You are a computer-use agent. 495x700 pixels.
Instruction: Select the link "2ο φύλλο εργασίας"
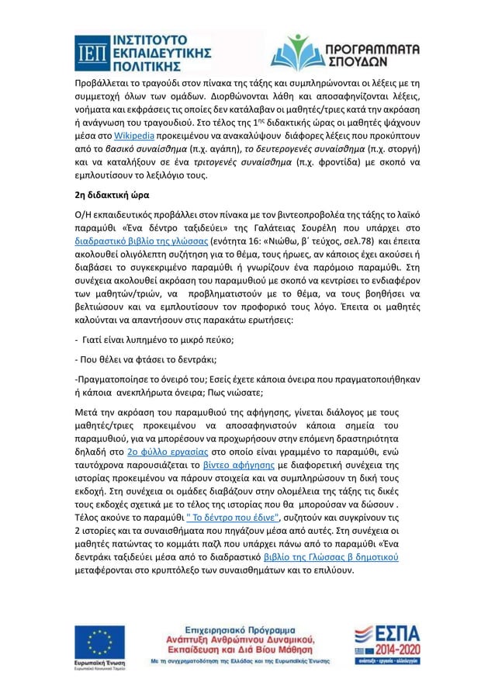(x=156, y=450)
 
